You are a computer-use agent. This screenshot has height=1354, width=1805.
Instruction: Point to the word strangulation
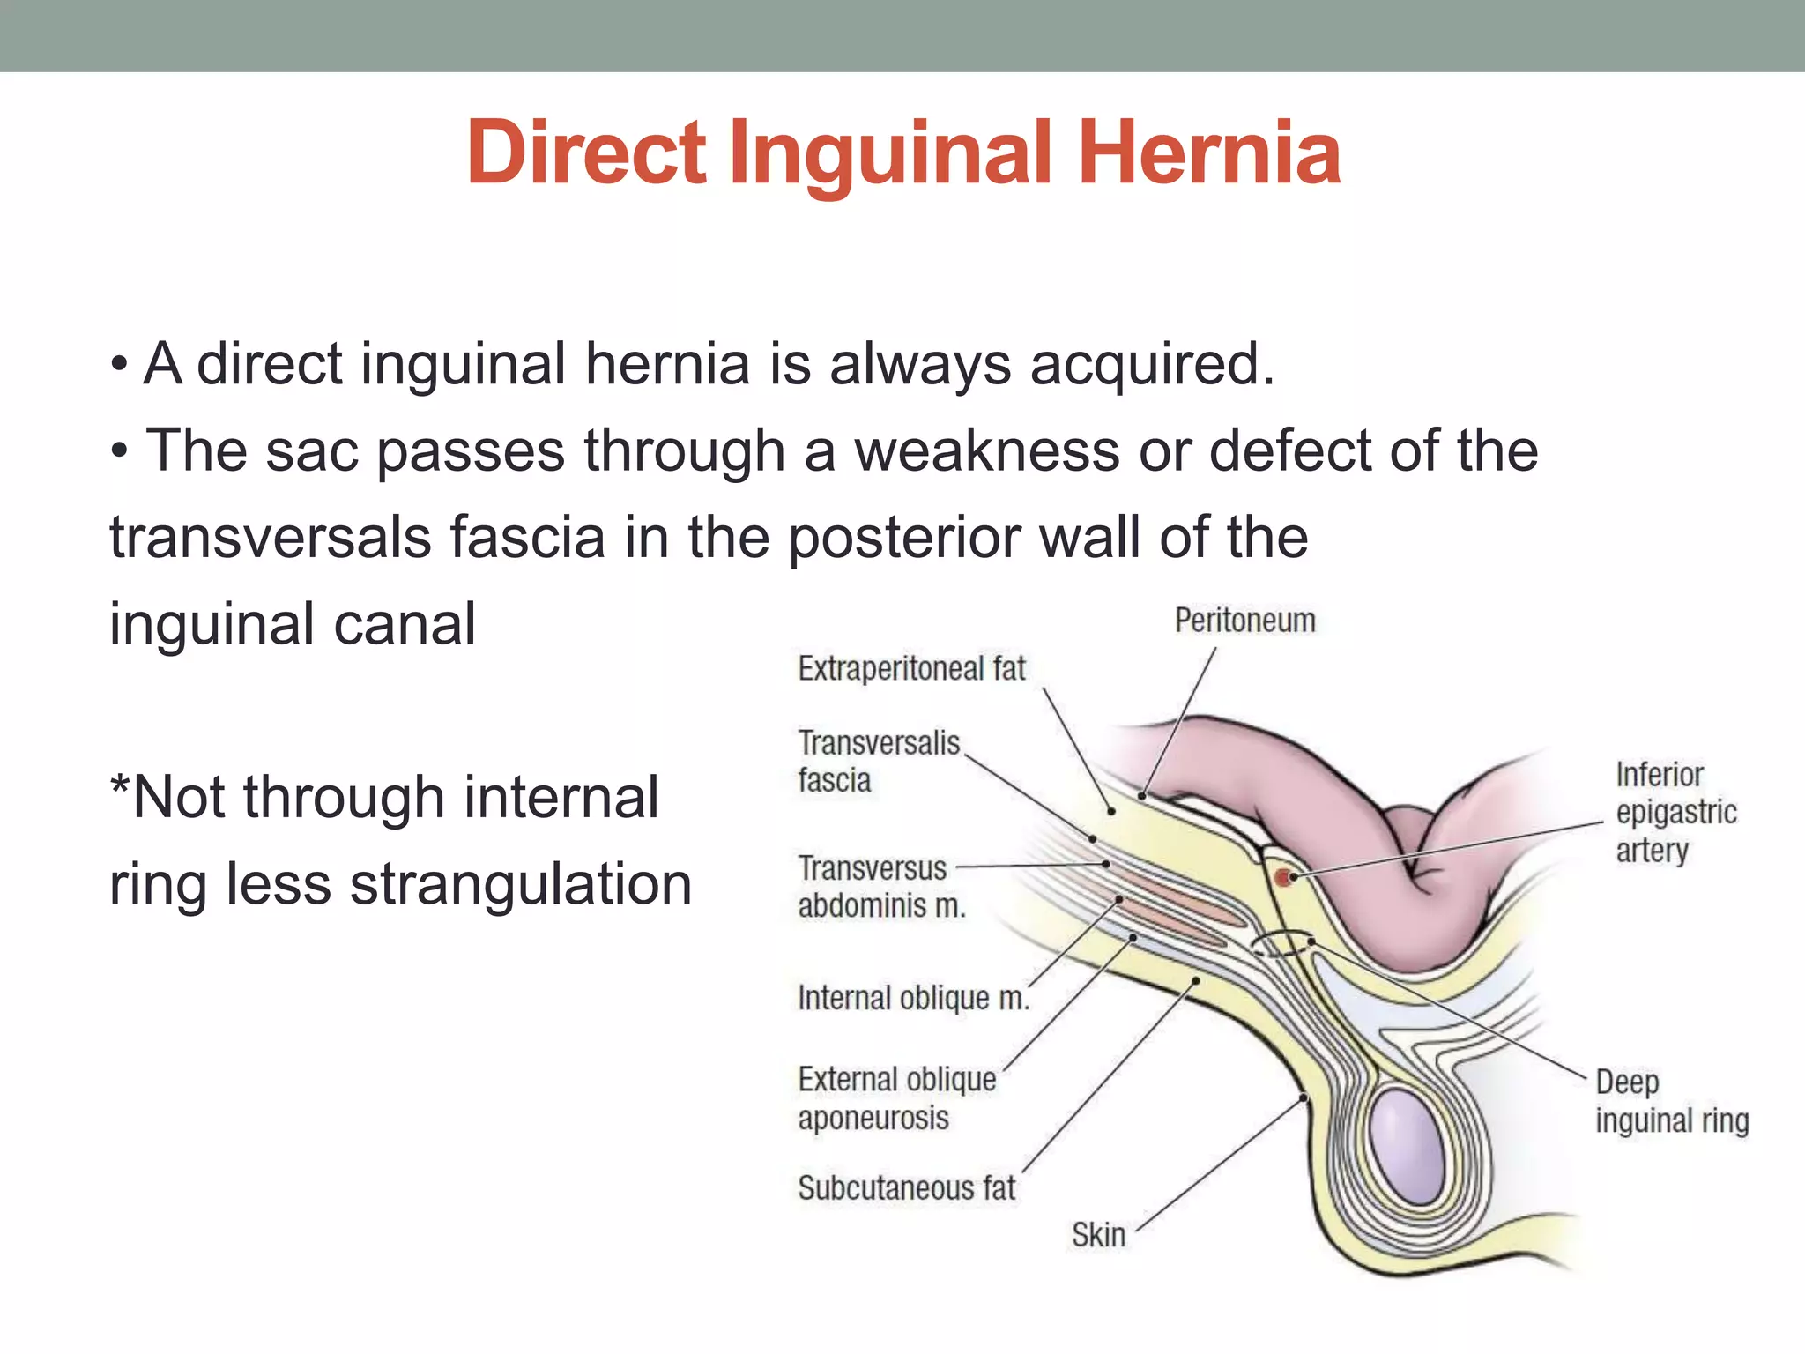(521, 883)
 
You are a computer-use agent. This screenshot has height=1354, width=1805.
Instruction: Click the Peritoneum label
(1244, 621)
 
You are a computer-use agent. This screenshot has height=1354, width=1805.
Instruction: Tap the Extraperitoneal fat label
(911, 669)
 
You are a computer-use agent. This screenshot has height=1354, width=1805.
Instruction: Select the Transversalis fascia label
(878, 762)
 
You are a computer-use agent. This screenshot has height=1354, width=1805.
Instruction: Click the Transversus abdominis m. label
(880, 887)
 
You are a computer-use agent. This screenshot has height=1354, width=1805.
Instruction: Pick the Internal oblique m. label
(913, 998)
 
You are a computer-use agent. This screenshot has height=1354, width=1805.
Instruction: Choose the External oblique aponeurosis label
(896, 1098)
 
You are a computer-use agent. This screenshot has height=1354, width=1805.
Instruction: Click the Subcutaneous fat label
(906, 1188)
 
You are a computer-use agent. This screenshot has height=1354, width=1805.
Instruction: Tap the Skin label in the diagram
(1098, 1235)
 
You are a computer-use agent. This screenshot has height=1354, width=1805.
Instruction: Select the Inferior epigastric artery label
(1675, 812)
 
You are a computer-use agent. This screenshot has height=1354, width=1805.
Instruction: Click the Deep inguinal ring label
(1671, 1102)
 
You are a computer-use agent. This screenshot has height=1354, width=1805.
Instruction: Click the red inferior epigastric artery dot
(1284, 877)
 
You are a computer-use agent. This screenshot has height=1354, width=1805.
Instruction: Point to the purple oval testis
(1408, 1145)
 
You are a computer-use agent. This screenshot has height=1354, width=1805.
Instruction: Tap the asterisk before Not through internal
(119, 785)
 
